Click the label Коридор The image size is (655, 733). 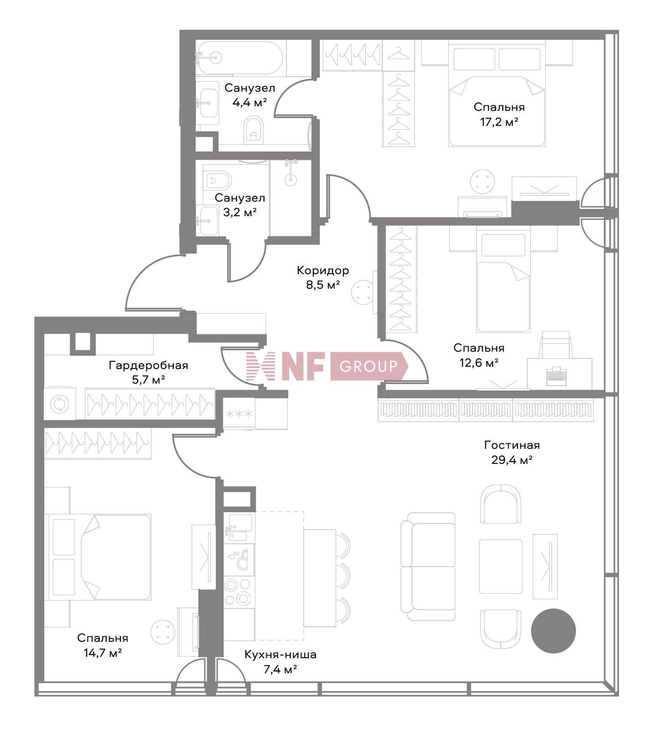click(x=323, y=270)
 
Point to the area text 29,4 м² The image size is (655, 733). click(x=512, y=460)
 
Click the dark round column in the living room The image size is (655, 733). click(x=553, y=631)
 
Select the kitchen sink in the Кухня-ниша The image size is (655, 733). click(x=238, y=527)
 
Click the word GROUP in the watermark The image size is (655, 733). click(x=369, y=366)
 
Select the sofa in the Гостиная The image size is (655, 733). click(x=428, y=567)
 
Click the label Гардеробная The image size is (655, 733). click(x=148, y=365)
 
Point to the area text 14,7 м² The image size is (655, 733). click(x=103, y=653)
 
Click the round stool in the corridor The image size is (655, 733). click(x=363, y=291)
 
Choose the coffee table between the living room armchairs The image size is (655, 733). click(x=500, y=567)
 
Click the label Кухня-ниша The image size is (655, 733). click(x=281, y=655)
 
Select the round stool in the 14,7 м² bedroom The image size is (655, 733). click(x=162, y=631)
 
